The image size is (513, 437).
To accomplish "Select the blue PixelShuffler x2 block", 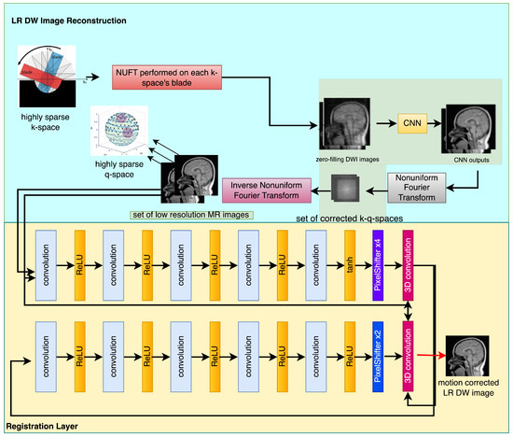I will [377, 354].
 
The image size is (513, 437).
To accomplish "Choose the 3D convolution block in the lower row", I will [409, 354].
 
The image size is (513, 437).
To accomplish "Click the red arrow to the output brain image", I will [432, 355].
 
